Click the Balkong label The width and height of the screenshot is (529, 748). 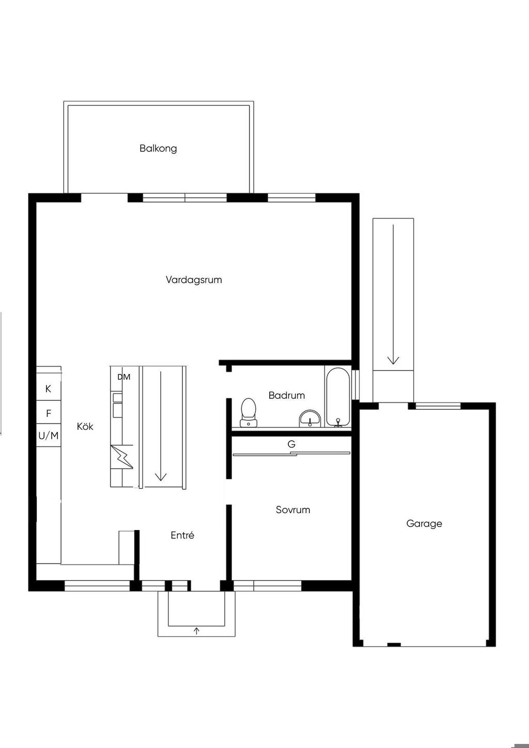tap(158, 149)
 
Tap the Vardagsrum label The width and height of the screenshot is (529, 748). tap(194, 279)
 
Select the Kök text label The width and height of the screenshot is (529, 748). tap(85, 426)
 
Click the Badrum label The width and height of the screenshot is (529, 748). tap(287, 395)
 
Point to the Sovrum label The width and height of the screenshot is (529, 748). tap(293, 509)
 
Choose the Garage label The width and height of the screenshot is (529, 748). tap(424, 524)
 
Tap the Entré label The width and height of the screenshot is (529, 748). tap(182, 535)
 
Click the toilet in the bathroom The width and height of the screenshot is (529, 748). tap(248, 412)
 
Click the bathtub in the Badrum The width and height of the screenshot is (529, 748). tap(338, 397)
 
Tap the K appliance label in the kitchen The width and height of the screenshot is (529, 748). tap(48, 388)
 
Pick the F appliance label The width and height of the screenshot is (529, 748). tap(49, 413)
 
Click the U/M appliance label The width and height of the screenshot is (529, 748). tap(49, 435)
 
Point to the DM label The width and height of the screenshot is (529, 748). tap(124, 377)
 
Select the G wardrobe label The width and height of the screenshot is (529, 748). tap(291, 444)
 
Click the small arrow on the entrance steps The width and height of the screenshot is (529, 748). tap(196, 630)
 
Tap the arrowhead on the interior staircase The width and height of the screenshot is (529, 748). tap(161, 476)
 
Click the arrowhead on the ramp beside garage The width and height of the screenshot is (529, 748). tap(393, 360)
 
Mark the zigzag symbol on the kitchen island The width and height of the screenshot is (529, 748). tap(122, 457)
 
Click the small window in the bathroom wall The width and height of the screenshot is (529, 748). tap(356, 384)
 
